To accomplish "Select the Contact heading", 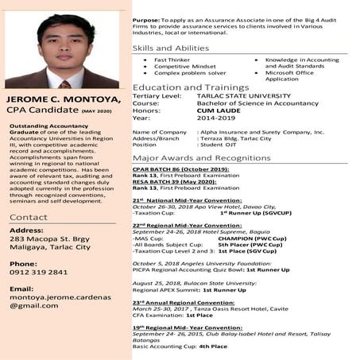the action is [29, 217].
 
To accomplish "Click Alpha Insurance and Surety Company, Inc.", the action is [261, 132].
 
